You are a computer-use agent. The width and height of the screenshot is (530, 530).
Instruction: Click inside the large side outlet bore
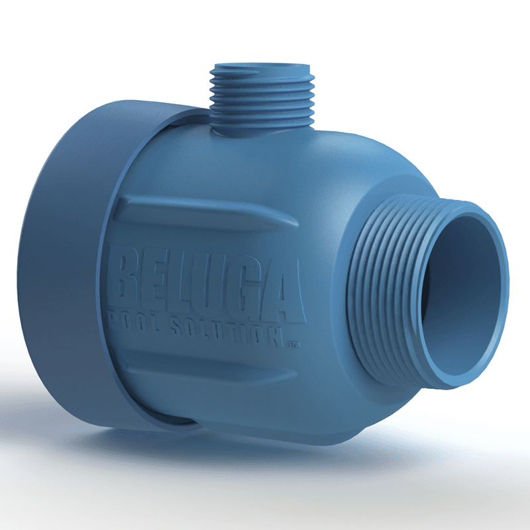tap(464, 291)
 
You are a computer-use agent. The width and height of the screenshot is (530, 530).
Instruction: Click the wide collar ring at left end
tap(73, 265)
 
